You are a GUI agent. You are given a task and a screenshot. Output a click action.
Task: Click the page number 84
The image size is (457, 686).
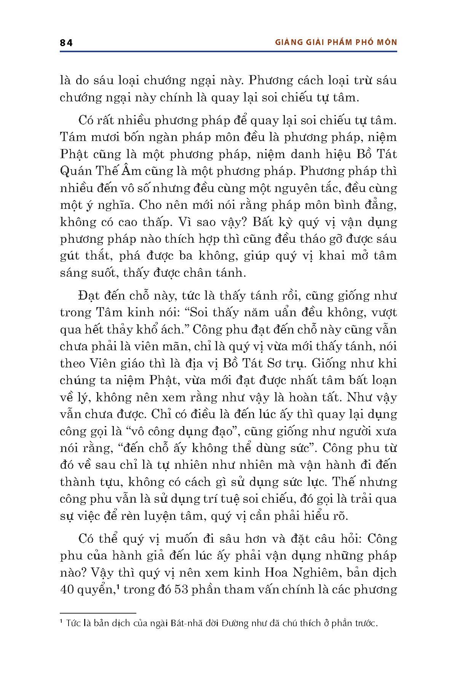[66, 43]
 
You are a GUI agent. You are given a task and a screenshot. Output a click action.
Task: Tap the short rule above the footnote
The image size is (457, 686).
[98, 613]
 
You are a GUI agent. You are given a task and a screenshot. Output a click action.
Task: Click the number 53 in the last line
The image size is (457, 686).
[180, 590]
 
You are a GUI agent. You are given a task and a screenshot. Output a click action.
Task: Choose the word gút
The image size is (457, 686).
[70, 256]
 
